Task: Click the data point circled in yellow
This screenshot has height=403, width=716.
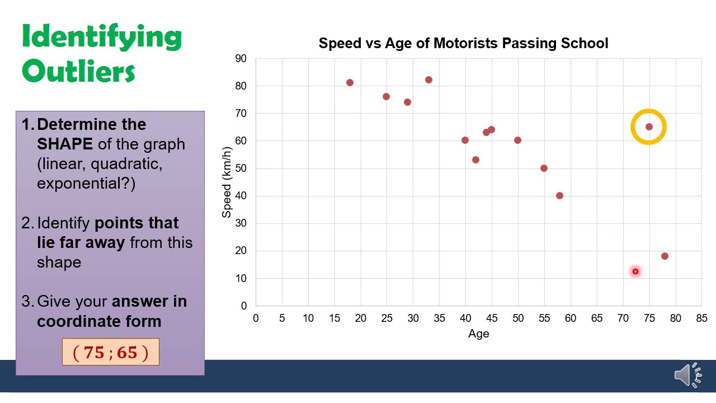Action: [649, 127]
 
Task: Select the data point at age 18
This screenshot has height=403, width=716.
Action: [350, 83]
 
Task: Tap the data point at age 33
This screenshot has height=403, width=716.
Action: [428, 80]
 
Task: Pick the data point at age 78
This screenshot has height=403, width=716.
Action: [665, 256]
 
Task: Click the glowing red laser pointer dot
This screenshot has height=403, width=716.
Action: [635, 271]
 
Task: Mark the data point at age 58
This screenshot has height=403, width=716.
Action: [559, 196]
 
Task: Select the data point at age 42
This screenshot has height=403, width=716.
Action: [475, 160]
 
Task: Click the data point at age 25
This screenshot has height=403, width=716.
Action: [386, 97]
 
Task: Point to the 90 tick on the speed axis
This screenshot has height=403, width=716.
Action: [241, 59]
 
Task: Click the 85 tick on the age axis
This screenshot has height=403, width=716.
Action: [701, 318]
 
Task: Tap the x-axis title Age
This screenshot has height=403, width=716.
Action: [478, 334]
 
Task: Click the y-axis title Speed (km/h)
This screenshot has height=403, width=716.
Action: [227, 182]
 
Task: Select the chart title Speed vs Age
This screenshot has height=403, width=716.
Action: [463, 43]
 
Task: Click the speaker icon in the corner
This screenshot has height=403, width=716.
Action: [687, 374]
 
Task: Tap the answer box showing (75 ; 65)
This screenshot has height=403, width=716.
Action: [111, 352]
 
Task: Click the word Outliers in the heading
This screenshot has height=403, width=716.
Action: [78, 71]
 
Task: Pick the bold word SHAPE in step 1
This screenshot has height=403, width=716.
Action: [65, 144]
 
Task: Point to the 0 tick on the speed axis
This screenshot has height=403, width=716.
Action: [244, 306]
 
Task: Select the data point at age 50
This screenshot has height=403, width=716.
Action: [517, 140]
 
